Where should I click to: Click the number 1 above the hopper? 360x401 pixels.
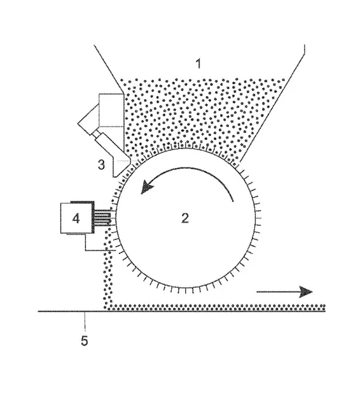click(x=198, y=64)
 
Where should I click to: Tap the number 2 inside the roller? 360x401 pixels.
click(x=185, y=218)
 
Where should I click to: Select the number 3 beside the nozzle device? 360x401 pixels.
click(x=101, y=165)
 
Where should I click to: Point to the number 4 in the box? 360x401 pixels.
click(x=76, y=218)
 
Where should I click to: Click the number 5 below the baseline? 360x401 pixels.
click(x=85, y=341)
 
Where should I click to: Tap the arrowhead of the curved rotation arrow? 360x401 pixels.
click(x=147, y=188)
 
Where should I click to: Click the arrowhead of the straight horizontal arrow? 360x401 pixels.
click(x=305, y=292)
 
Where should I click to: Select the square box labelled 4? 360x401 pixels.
click(x=77, y=218)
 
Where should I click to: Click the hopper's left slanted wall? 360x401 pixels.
click(x=109, y=69)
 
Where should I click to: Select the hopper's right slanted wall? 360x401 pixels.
click(x=272, y=103)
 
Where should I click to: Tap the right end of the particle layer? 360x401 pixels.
click(x=324, y=307)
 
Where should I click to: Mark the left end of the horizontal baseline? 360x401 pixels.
click(x=38, y=311)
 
